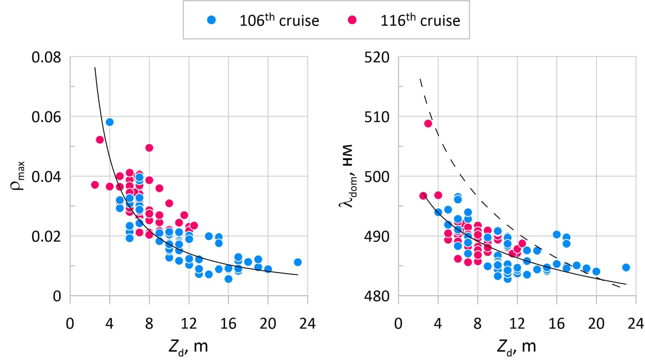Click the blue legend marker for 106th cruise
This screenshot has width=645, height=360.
[x=212, y=20]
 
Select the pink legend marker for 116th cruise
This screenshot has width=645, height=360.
[x=352, y=20]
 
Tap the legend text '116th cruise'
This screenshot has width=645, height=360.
[x=420, y=20]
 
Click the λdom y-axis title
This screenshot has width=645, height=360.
[x=346, y=176]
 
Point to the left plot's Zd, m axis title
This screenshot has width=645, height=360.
[x=188, y=347]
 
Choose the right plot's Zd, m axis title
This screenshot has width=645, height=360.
[x=517, y=347]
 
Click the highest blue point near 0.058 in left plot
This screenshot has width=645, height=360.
[x=110, y=122]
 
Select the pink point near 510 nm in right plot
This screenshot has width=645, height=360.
[x=428, y=124]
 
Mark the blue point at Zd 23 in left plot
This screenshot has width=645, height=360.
[x=298, y=262]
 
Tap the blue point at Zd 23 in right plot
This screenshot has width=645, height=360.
[x=626, y=268]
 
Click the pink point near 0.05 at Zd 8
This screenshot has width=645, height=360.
[x=149, y=148]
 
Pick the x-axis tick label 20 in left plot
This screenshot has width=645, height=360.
[x=268, y=323]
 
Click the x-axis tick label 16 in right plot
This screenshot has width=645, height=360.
[x=556, y=323]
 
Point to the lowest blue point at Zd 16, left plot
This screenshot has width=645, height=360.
[x=228, y=279]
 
